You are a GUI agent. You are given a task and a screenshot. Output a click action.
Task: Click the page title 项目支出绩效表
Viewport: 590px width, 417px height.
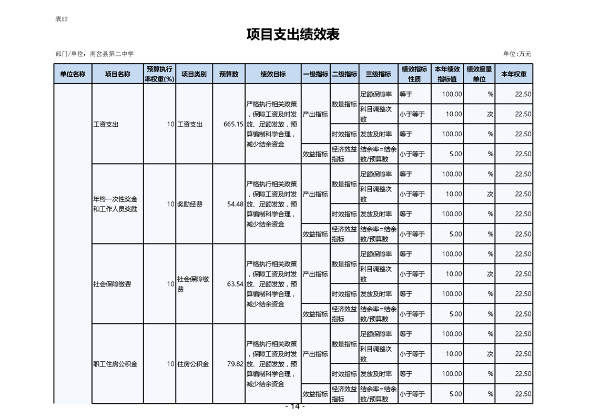[293, 35]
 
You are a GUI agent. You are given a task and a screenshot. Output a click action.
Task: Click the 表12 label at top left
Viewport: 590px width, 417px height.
[62, 19]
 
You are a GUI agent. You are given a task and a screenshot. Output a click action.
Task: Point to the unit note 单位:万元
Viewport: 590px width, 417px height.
[517, 54]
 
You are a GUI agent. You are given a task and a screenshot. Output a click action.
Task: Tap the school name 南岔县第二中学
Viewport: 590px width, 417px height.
[112, 54]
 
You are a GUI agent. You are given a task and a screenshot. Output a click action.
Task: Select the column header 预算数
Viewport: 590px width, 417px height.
[229, 74]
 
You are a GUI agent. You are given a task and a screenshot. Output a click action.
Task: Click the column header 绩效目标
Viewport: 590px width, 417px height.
[273, 74]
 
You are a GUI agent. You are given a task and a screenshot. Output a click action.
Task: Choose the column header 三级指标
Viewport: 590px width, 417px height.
[378, 74]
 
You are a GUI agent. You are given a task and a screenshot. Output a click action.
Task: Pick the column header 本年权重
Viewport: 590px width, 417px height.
[513, 74]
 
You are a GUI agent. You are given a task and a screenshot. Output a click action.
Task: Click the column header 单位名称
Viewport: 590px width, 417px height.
[73, 74]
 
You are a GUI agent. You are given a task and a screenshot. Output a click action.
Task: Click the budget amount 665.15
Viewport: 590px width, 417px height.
[233, 125]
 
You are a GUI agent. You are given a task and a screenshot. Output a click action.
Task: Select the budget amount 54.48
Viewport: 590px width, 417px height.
[235, 204]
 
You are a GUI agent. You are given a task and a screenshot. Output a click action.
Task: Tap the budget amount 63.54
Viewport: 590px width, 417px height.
[235, 284]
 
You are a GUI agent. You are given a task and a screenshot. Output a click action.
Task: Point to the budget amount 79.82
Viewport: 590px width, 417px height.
[235, 364]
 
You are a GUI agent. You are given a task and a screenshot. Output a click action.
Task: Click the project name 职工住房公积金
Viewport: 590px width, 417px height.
[115, 364]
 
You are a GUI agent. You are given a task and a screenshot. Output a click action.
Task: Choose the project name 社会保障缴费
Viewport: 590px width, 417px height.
[112, 284]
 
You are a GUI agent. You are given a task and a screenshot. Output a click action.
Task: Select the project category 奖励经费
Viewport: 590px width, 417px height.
[190, 204]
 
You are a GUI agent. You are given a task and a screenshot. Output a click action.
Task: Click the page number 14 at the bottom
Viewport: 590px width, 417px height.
[294, 406]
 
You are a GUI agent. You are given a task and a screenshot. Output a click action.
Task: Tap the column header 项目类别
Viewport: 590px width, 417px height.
[194, 74]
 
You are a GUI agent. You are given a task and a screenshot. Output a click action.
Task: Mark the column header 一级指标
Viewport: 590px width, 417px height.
[316, 74]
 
